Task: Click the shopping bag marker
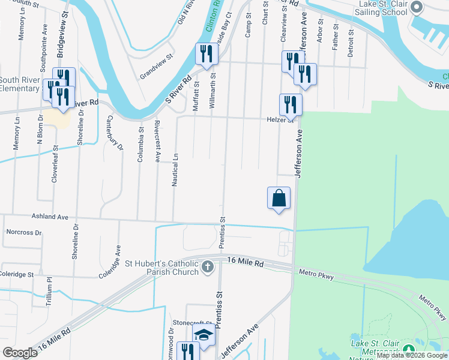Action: [x=279, y=199]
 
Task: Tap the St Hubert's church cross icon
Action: [x=207, y=266]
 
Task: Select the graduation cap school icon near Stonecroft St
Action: [x=203, y=335]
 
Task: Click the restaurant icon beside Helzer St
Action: [x=291, y=104]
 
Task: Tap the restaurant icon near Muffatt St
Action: [x=205, y=54]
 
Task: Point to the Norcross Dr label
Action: [x=23, y=232]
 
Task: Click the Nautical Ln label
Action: [x=175, y=169]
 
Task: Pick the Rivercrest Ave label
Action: [x=157, y=145]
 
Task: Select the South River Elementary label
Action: [x=20, y=84]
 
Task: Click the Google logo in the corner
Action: [x=20, y=353]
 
